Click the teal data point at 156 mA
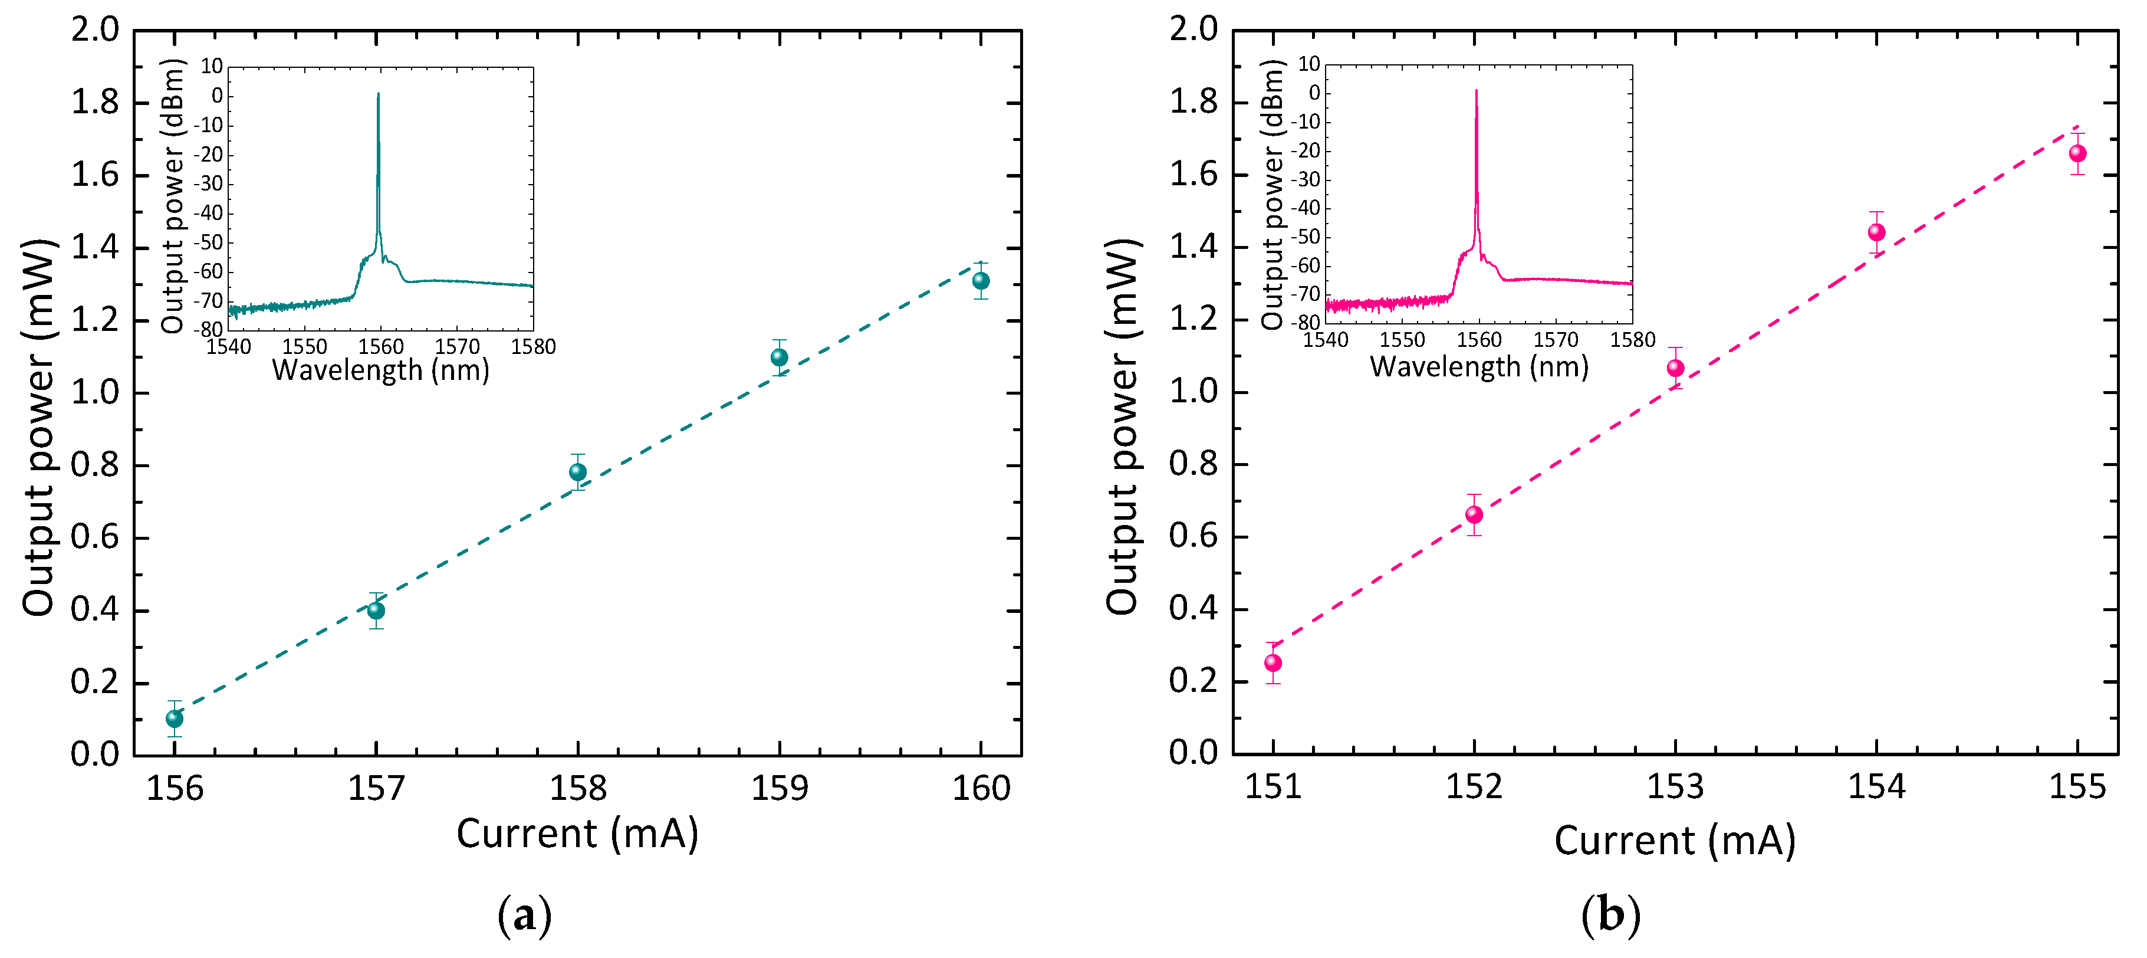174,718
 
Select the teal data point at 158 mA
578,472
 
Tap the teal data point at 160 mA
981,281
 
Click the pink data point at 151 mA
1273,663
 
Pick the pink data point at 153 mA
1675,369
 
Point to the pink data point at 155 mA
2078,153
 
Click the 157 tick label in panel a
376,788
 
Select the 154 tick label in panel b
1876,786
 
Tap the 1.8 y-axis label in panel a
95,103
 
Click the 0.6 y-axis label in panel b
1193,536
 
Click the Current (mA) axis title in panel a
577,834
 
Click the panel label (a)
524,916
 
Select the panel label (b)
1610,916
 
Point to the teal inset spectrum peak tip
379,94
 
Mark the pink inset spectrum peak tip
1477,91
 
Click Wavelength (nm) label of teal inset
381,369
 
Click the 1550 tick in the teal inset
304,347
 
